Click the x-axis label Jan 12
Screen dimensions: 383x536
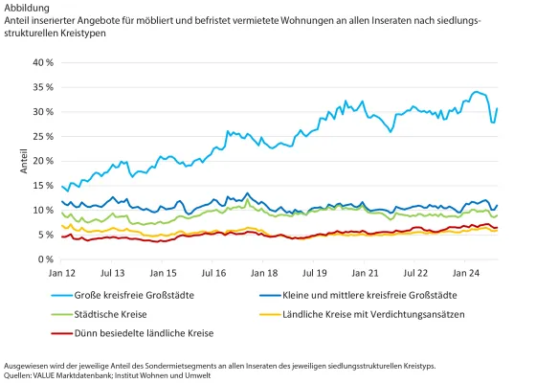coord(63,273)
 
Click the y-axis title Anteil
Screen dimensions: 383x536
coord(24,161)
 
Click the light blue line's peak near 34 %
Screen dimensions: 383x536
coord(477,92)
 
